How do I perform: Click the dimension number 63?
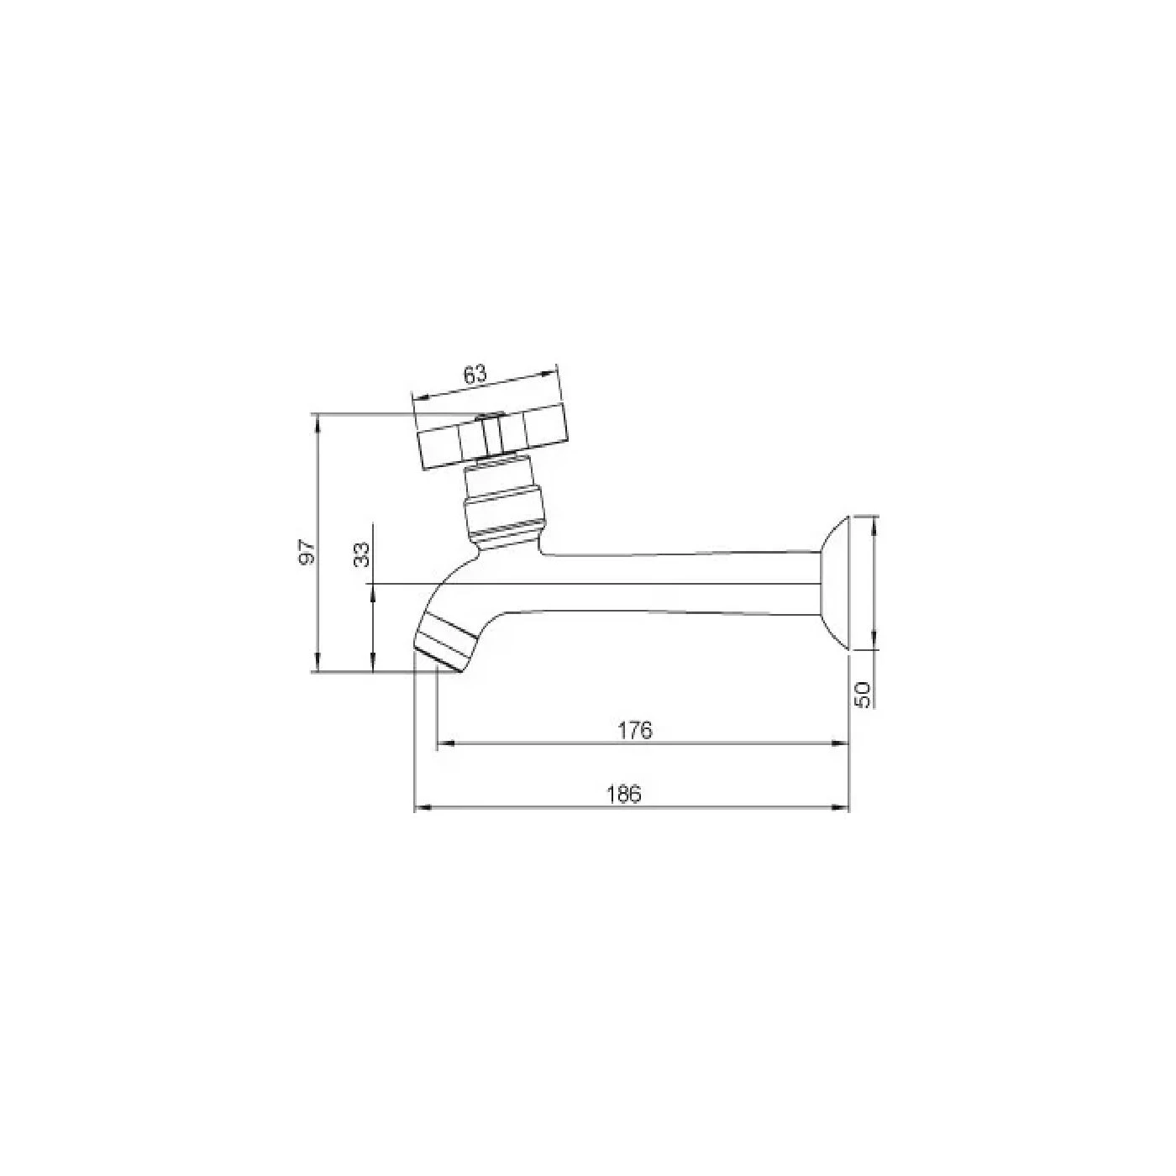click(x=475, y=375)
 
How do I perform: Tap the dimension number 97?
click(x=308, y=551)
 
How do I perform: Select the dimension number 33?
click(x=363, y=554)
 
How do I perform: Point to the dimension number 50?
click(x=864, y=695)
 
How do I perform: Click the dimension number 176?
click(x=635, y=730)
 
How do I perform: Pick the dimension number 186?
click(x=626, y=794)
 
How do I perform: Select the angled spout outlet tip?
click(x=445, y=646)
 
